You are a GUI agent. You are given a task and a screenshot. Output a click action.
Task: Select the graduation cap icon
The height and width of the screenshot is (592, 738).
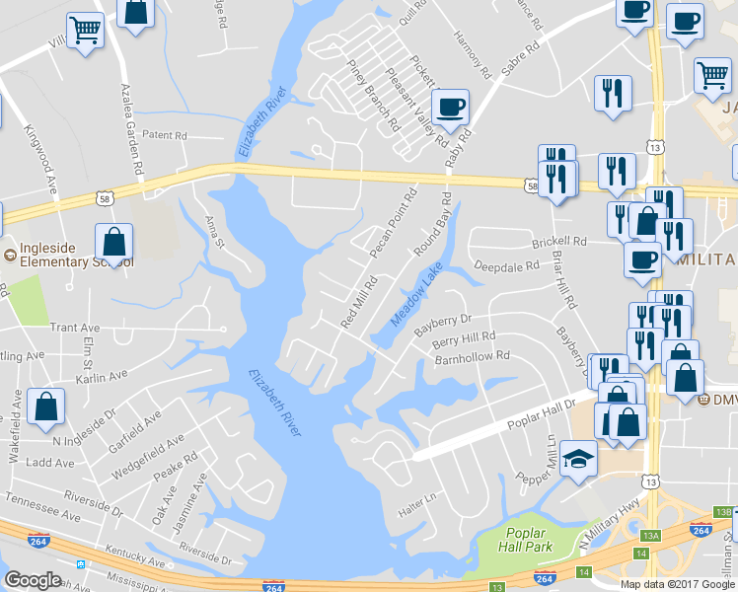pos(578,458)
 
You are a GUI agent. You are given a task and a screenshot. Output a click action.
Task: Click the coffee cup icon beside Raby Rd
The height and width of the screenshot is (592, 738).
pos(451,108)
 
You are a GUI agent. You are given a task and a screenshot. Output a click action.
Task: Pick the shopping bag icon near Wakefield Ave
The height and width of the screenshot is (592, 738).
pos(46,407)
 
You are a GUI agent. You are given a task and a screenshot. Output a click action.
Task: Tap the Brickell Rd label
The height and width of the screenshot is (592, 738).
pos(558,240)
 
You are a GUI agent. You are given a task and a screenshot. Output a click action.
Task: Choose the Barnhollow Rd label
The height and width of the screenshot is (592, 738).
pos(472,355)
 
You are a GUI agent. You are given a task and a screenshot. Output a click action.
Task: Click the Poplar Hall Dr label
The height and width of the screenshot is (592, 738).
pos(543,407)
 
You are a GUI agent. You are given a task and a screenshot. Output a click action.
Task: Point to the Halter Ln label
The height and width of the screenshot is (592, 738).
pos(415,510)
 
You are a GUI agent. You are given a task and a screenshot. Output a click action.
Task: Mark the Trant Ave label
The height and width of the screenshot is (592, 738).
pos(75,327)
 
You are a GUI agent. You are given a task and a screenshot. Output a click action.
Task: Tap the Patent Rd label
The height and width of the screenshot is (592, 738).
pos(164,134)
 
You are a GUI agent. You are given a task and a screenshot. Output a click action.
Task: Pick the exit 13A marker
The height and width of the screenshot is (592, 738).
pos(649,536)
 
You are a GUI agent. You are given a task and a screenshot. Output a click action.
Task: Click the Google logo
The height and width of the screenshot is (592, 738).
pos(33,579)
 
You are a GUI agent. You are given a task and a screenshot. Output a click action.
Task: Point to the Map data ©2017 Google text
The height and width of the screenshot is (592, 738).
pos(676,583)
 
